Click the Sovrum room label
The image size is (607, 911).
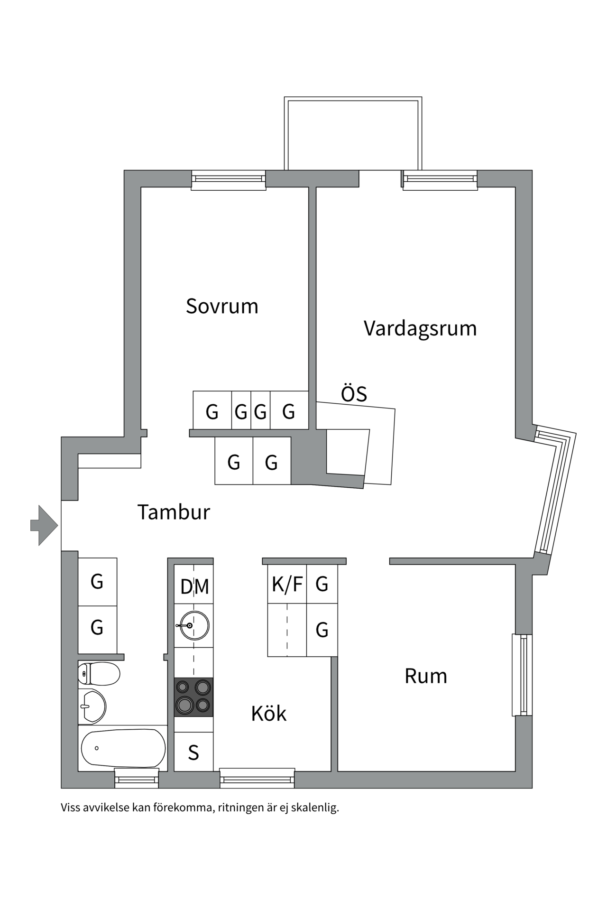tap(222, 307)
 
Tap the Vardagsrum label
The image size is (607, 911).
tap(420, 328)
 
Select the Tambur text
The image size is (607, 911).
tap(174, 512)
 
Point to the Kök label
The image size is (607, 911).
tap(269, 713)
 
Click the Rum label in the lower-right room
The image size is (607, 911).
tap(426, 677)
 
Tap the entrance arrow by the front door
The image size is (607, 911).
tap(44, 525)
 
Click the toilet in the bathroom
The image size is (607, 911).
tap(99, 674)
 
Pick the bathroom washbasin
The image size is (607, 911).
tap(92, 706)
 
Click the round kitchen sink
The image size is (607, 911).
tap(194, 626)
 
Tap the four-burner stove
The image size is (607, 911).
tap(193, 697)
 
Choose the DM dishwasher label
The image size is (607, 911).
tap(194, 587)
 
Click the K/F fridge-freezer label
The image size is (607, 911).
tap(287, 584)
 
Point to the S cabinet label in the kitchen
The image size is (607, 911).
tap(193, 753)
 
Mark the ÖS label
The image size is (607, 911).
tap(354, 394)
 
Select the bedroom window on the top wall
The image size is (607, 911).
tap(229, 180)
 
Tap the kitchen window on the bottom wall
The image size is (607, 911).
tap(257, 780)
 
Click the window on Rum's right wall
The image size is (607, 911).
tap(522, 675)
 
